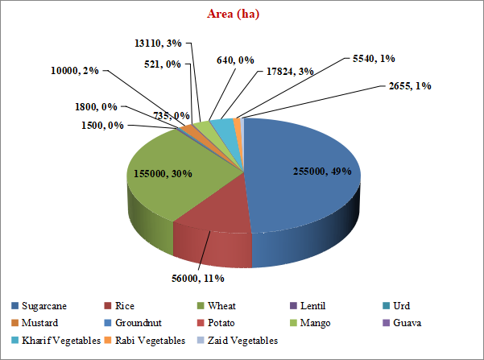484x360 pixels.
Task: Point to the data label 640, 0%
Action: coord(235,60)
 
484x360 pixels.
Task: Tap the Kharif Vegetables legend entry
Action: coord(57,341)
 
